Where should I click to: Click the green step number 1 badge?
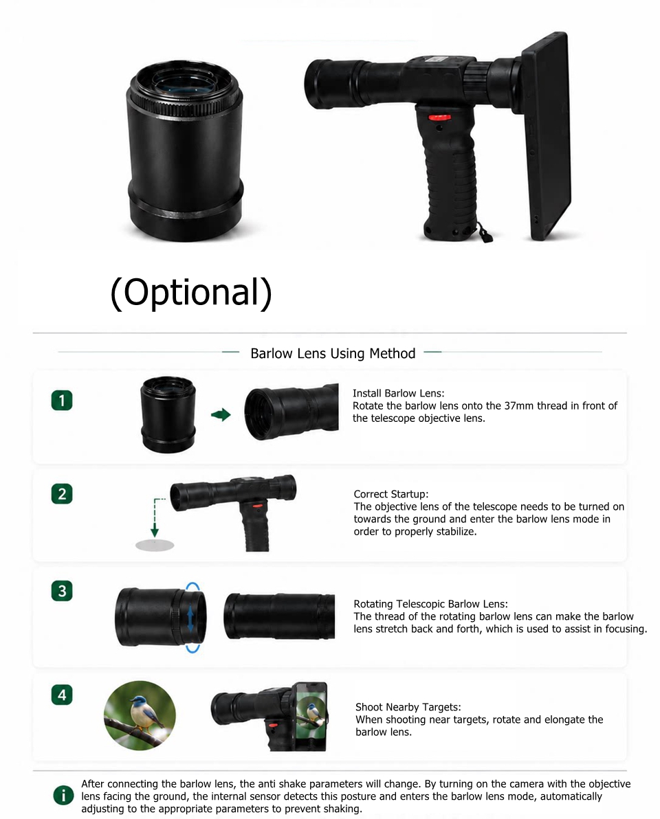pos(62,401)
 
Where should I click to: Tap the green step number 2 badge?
pos(62,494)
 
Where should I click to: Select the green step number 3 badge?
pos(62,591)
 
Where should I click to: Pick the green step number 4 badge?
pos(62,695)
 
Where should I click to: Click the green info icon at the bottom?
pos(63,796)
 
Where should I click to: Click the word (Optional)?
pos(191,292)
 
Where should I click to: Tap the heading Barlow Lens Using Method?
pos(333,354)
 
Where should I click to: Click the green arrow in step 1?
pos(221,415)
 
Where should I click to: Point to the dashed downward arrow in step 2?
pos(155,517)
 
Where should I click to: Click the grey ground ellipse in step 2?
pos(155,546)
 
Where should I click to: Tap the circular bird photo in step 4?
pos(140,715)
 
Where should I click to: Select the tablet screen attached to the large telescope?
pos(546,137)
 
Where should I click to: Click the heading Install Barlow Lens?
pos(398,393)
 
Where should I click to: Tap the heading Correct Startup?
pos(391,494)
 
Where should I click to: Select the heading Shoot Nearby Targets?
pos(408,707)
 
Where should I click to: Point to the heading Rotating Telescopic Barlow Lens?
pos(430,604)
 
